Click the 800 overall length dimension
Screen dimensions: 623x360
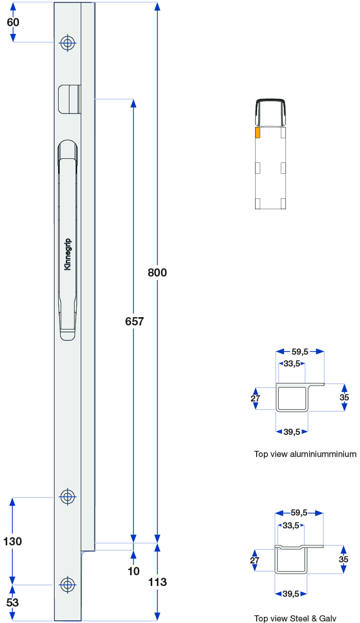point(157,272)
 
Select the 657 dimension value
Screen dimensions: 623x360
point(134,321)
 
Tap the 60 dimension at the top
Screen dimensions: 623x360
point(13,22)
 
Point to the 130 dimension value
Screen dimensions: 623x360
point(13,541)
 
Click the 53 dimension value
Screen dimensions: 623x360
point(12,602)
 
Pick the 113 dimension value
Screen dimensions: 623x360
point(157,582)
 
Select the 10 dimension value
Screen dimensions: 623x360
point(134,571)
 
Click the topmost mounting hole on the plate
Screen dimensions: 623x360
point(67,43)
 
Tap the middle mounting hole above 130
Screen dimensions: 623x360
point(67,497)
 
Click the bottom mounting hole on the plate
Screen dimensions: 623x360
point(67,584)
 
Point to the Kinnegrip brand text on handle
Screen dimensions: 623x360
point(68,254)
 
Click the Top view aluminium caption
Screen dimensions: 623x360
point(305,454)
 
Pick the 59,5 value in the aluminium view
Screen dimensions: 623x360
point(300,352)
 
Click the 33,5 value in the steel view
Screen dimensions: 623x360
point(291,525)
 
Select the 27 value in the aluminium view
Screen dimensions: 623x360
point(256,398)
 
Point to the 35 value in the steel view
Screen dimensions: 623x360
point(344,559)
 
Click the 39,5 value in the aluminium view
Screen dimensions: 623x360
point(292,432)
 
